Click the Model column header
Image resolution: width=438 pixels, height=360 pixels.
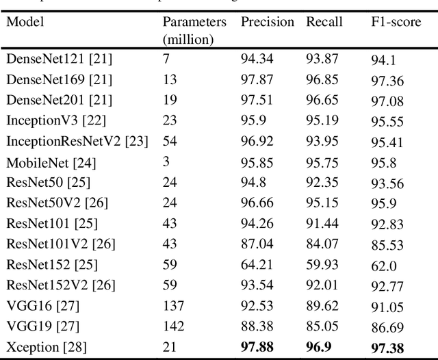coord(25,22)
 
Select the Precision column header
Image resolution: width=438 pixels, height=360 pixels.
coord(267,22)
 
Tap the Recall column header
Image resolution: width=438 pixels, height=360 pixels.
coord(324,22)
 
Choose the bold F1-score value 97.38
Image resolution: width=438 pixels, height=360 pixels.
coord(387,348)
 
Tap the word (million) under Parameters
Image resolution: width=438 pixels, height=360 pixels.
coord(188,40)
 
